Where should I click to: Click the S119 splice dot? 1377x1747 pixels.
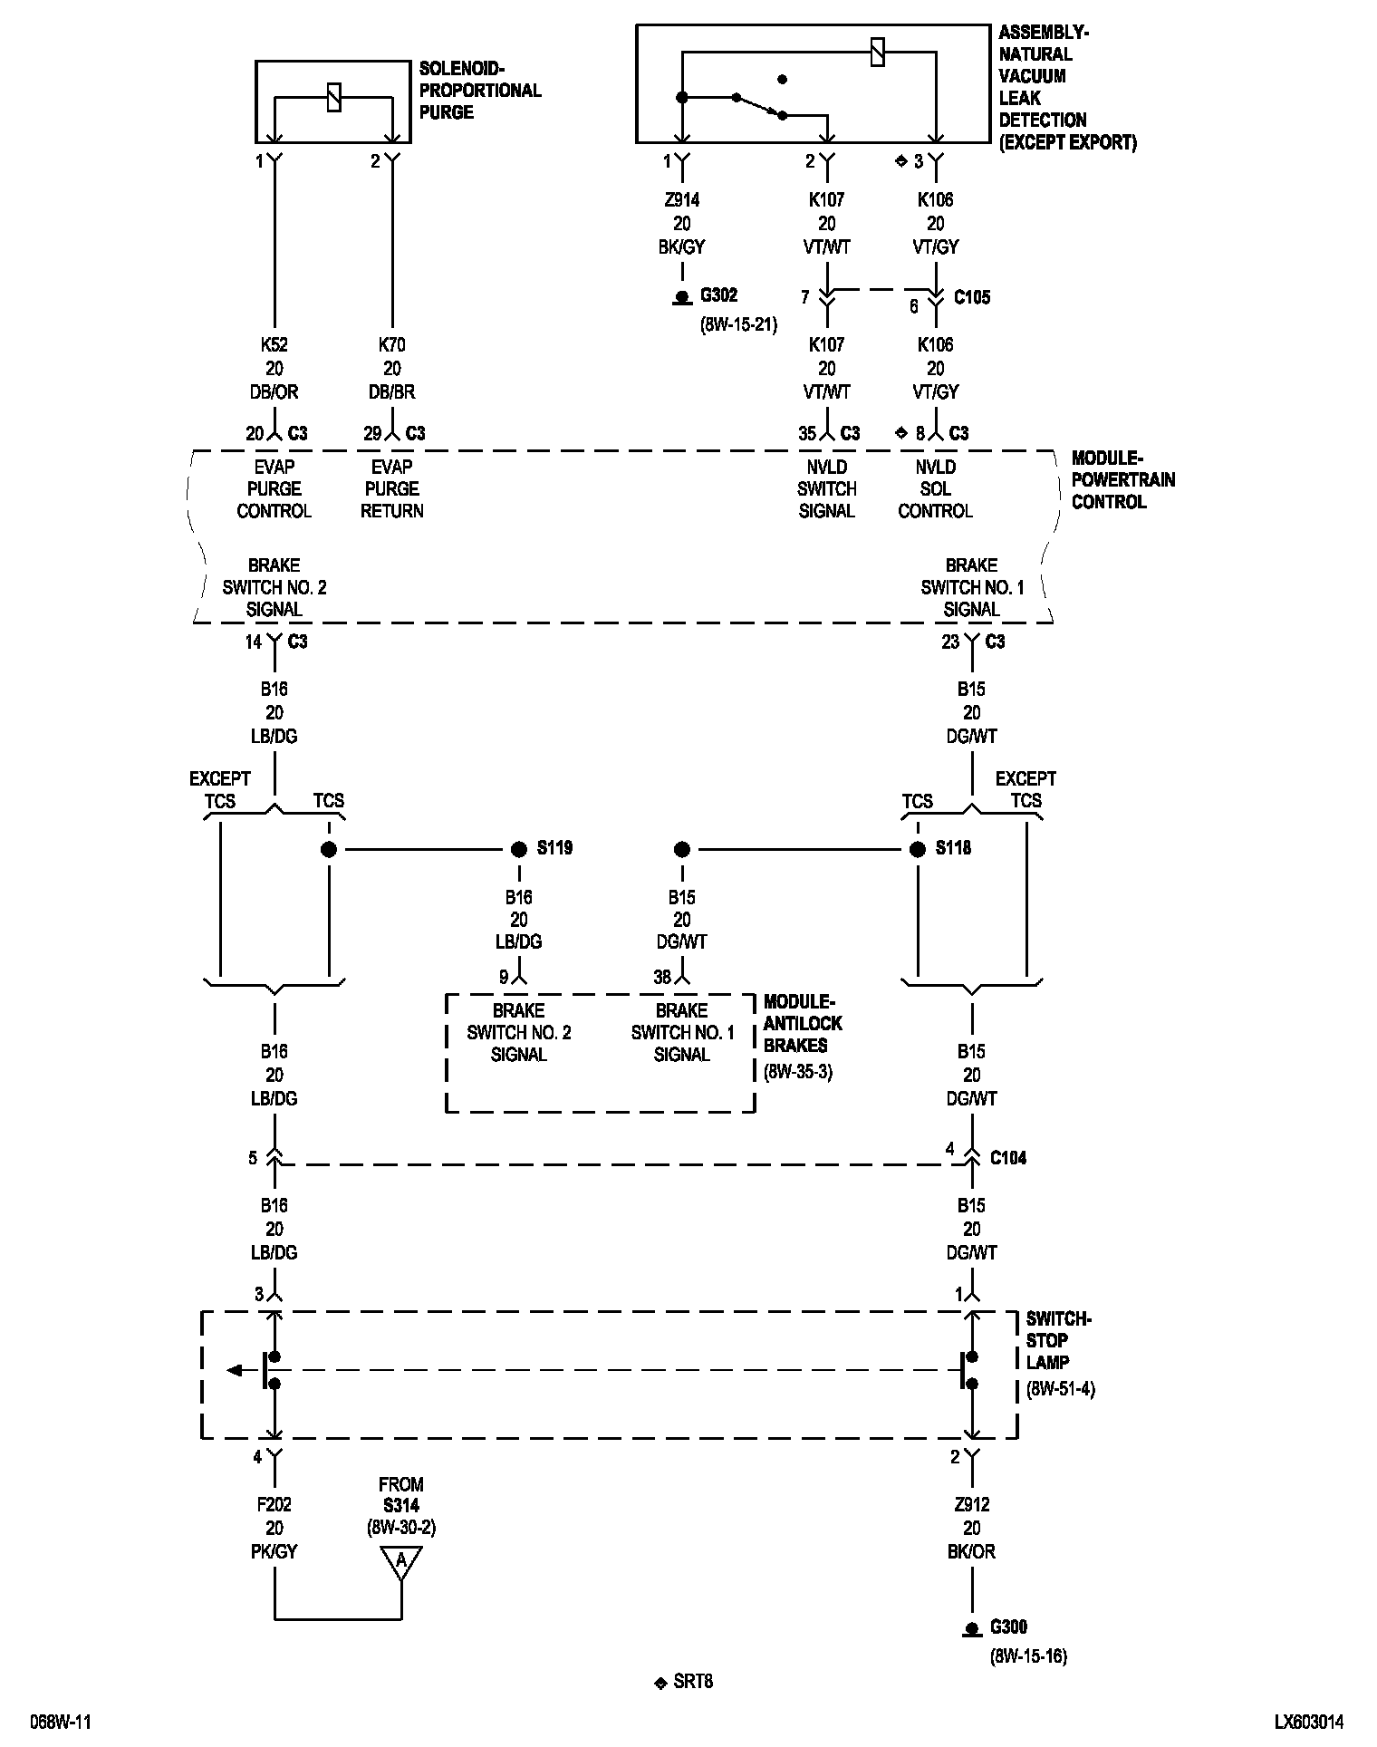coord(518,849)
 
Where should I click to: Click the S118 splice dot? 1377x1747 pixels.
coord(918,849)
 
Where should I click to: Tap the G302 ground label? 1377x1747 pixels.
coord(718,295)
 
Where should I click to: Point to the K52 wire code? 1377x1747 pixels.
coord(274,345)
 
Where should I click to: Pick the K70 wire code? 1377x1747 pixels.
coord(391,345)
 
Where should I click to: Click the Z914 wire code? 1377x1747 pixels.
coord(681,200)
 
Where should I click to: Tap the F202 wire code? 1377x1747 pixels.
coord(274,1505)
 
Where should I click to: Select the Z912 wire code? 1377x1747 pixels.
coord(971,1505)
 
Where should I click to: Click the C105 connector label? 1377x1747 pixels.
coord(972,297)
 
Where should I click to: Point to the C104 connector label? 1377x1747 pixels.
coord(1008,1158)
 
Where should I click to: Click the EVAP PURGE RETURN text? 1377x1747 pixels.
coord(391,489)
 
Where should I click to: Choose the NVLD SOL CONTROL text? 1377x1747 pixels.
coord(935,489)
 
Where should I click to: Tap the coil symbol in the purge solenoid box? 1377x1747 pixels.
coord(333,97)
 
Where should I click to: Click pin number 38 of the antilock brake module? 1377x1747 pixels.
coord(662,978)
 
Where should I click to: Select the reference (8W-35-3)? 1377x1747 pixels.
coord(797,1072)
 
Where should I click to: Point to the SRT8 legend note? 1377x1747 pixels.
coord(693,1682)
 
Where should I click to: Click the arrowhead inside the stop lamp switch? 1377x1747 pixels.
coord(235,1370)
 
